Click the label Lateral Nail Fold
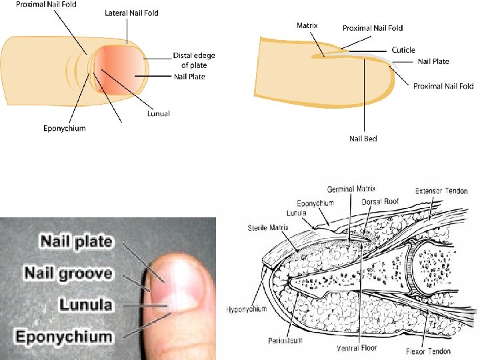pos(131,13)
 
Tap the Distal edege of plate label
pos(194,60)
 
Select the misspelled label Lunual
pos(159,113)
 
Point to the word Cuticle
pos(403,50)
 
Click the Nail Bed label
pos(363,139)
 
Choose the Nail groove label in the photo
pos(68,273)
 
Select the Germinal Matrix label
pos(351,189)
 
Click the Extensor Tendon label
pos(441,191)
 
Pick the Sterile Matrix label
pos(267,227)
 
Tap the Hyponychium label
pos(247,309)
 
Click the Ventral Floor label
pos(358,348)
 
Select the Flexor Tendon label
pos(427,351)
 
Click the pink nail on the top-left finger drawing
pos(120,70)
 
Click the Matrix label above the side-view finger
pos(307,25)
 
